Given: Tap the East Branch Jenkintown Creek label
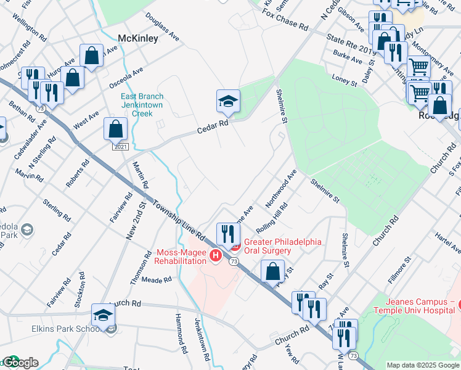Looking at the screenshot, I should click(x=141, y=105).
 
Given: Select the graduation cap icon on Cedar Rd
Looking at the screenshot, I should click(x=227, y=101).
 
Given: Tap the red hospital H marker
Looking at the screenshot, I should click(x=216, y=255).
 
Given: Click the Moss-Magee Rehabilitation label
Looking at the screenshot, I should click(x=181, y=257).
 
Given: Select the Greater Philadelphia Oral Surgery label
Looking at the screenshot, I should click(x=284, y=246).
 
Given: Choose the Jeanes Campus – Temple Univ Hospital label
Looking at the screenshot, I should click(x=422, y=306).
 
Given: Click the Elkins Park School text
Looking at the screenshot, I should click(x=67, y=329).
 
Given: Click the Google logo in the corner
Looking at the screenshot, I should click(x=20, y=363).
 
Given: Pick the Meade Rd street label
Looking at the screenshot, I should click(x=157, y=280).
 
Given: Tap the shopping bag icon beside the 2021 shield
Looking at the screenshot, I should click(x=115, y=129).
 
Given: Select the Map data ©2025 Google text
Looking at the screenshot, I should click(x=422, y=365).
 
